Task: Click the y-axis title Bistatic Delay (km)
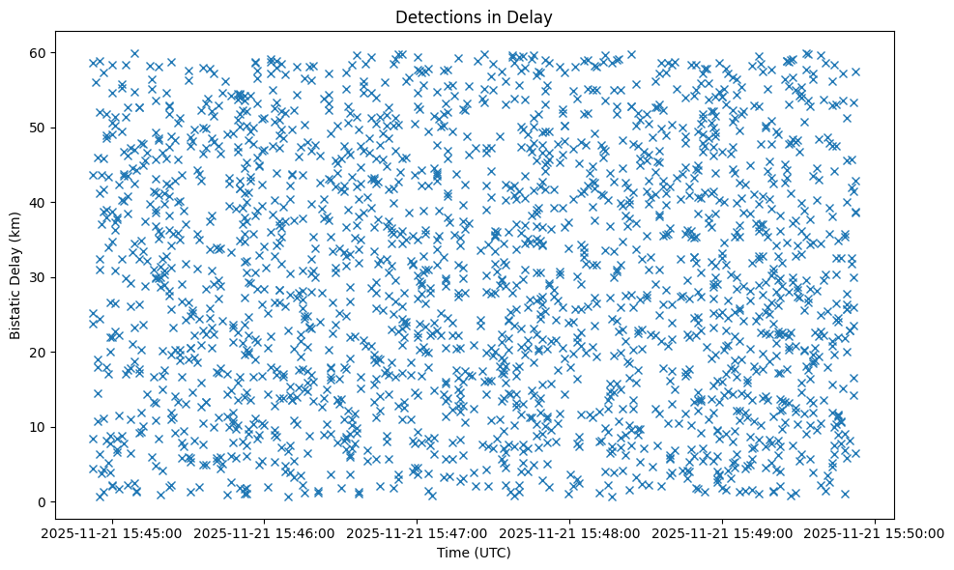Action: point(15,277)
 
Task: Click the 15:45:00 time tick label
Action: point(110,532)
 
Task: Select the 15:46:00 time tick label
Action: point(263,532)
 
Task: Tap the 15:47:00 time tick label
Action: point(417,532)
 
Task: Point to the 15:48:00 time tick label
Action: point(569,532)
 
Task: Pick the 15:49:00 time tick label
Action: point(723,532)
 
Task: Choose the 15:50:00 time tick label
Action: point(876,532)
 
